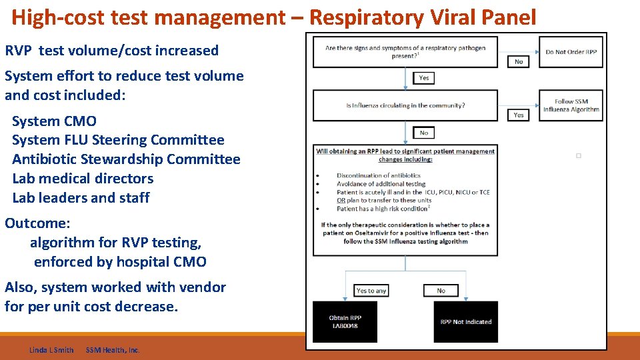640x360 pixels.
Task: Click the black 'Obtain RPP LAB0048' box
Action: [345, 322]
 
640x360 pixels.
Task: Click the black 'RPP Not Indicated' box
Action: [465, 322]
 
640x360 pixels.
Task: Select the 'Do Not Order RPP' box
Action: [571, 52]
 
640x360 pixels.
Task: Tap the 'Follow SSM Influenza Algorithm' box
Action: [571, 105]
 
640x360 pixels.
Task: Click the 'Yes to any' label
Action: [371, 291]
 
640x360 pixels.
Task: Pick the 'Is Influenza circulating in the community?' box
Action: [405, 105]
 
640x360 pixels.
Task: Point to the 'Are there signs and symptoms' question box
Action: [405, 52]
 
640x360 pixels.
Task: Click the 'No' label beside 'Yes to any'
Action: [441, 291]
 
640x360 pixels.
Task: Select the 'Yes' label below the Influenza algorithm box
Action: [519, 115]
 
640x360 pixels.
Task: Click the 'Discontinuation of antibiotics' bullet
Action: [378, 175]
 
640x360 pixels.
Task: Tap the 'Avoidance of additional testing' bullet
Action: [381, 184]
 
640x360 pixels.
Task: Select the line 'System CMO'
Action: [54, 121]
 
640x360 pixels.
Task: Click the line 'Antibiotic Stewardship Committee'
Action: [126, 159]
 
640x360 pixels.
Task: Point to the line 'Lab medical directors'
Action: [83, 179]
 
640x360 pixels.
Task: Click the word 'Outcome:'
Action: [37, 223]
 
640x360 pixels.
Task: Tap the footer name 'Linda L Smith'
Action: [51, 350]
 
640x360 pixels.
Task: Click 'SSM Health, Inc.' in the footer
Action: [113, 350]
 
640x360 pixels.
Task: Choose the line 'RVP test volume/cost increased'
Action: [112, 51]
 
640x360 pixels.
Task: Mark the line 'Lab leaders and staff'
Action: [81, 198]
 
